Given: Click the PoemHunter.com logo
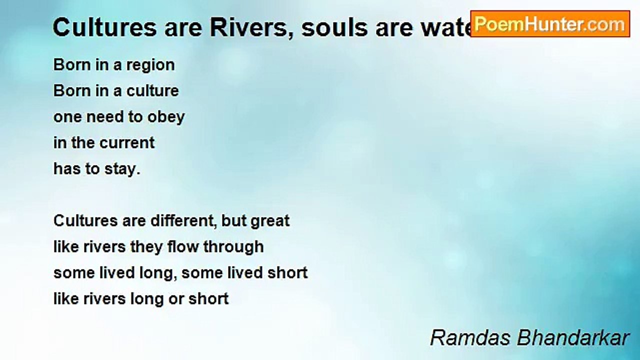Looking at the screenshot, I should coord(550,24).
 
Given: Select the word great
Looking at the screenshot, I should coord(270,221).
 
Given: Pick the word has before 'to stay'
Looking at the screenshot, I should coord(67,169).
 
